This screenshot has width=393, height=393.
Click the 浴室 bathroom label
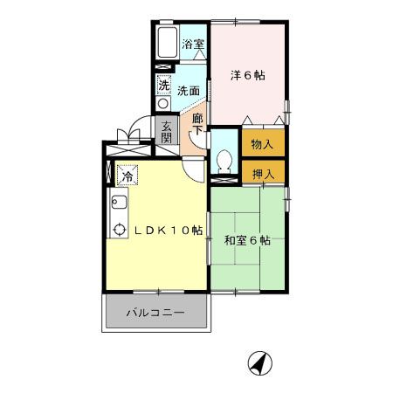193,44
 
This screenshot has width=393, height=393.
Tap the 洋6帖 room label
247,76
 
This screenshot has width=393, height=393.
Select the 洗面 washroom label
189,90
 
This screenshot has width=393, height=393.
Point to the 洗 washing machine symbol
163,86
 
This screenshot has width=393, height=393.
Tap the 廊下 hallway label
197,124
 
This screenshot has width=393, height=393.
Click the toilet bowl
224,161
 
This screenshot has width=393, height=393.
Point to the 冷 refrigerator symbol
128,176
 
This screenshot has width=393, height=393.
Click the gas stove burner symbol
119,231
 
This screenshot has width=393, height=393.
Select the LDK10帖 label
168,231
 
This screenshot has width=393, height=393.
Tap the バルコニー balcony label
155,312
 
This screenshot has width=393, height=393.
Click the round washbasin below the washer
163,103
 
